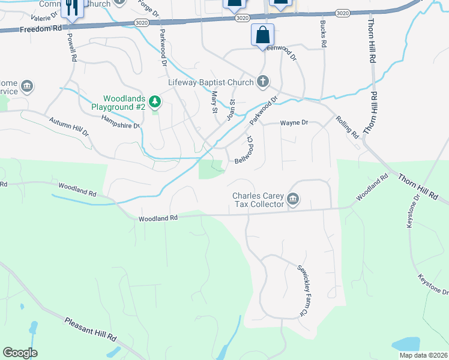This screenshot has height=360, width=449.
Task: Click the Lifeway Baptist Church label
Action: click(x=211, y=82)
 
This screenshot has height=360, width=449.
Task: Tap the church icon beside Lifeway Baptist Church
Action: click(x=263, y=81)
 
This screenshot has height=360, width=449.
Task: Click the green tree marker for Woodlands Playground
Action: click(x=155, y=102)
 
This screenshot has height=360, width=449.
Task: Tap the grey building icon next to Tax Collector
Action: click(x=293, y=199)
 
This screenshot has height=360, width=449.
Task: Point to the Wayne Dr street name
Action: click(x=294, y=122)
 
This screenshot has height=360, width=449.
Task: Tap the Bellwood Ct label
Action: click(x=245, y=150)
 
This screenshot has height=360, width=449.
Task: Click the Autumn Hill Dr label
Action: click(x=68, y=125)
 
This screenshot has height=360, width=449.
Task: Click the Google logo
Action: click(x=20, y=353)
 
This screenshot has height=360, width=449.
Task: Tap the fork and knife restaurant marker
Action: click(x=72, y=8)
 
